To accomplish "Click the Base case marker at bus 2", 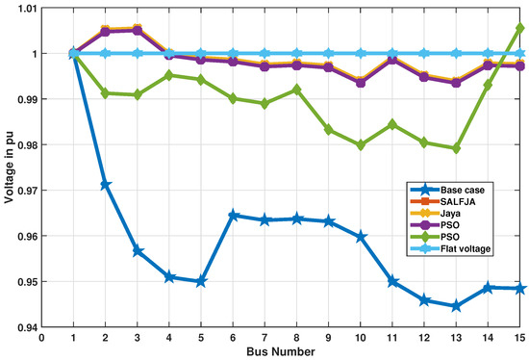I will pyautogui.click(x=106, y=185).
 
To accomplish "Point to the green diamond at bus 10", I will pyautogui.click(x=361, y=145).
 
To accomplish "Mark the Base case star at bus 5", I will pyautogui.click(x=201, y=281).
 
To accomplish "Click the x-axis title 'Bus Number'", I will pyautogui.click(x=281, y=349).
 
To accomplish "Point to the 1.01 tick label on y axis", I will pyautogui.click(x=23, y=9).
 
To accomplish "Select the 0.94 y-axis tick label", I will pyautogui.click(x=23, y=327).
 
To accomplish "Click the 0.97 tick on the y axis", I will pyautogui.click(x=23, y=191).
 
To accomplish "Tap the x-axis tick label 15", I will pyautogui.click(x=519, y=336).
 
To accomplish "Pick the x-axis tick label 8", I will pyautogui.click(x=296, y=336).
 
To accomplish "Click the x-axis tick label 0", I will pyautogui.click(x=42, y=336).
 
